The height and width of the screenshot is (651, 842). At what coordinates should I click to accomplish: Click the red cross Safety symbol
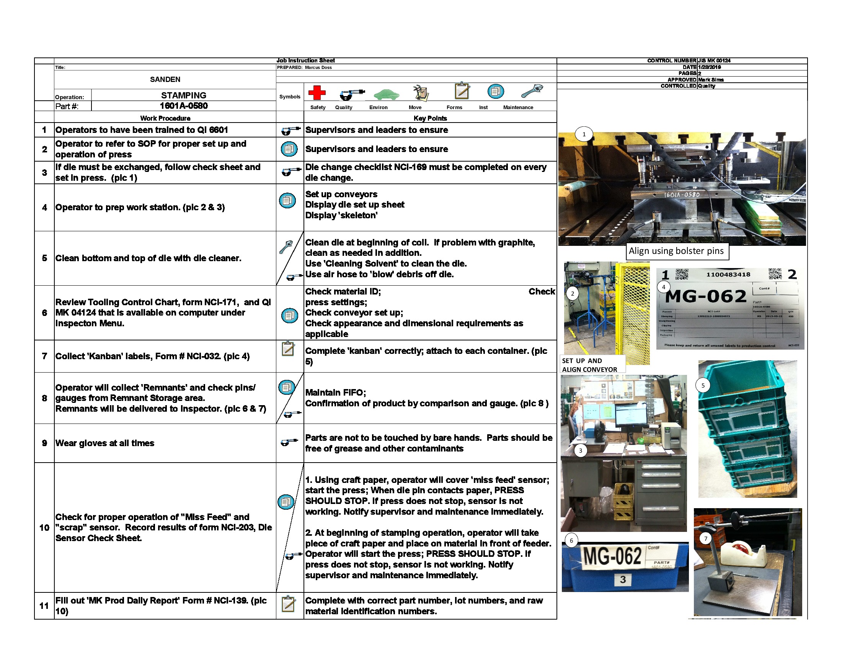point(317,93)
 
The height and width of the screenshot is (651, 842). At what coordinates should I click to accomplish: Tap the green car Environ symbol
point(386,94)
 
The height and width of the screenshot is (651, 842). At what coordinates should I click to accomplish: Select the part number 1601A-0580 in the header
point(183,106)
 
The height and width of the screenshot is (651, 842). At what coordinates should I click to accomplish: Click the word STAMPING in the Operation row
point(183,95)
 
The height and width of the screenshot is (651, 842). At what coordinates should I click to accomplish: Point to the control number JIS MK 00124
point(714,61)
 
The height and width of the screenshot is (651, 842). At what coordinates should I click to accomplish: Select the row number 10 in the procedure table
point(44,527)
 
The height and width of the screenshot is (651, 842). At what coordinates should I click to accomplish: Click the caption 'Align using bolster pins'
point(676,251)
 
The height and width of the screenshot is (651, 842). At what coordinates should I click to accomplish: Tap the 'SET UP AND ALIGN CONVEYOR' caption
point(589,365)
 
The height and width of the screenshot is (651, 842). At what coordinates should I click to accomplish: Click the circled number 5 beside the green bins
point(703,385)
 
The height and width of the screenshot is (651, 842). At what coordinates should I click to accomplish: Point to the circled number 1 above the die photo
point(584,134)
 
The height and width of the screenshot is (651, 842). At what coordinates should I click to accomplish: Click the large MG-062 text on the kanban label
point(706,296)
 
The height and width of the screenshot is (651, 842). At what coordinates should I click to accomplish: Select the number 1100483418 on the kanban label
point(728,274)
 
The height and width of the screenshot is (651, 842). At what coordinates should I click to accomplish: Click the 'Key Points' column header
point(430,118)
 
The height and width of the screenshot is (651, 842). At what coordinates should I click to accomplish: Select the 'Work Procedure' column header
point(165,118)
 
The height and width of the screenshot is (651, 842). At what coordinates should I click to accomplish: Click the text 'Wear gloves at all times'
point(104,443)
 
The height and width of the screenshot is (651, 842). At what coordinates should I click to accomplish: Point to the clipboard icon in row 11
point(288,604)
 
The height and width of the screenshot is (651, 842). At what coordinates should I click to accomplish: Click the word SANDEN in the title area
point(165,79)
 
